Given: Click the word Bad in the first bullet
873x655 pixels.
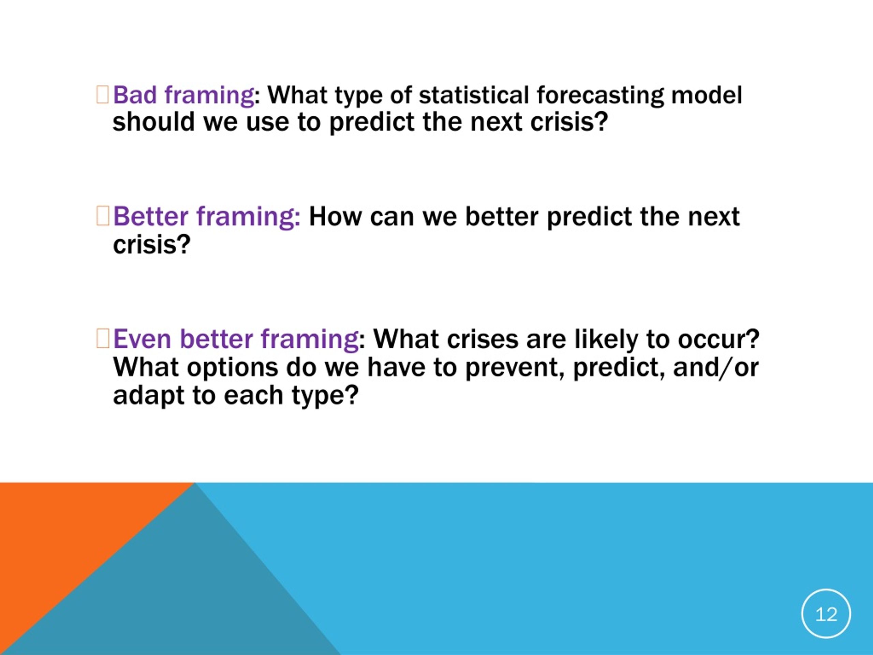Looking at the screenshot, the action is [135, 95].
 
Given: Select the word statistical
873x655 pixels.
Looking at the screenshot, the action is [474, 95].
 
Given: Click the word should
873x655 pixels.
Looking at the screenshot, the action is [154, 121].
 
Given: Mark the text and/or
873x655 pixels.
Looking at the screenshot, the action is [715, 367].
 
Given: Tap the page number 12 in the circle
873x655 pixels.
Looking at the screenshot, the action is [826, 614].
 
